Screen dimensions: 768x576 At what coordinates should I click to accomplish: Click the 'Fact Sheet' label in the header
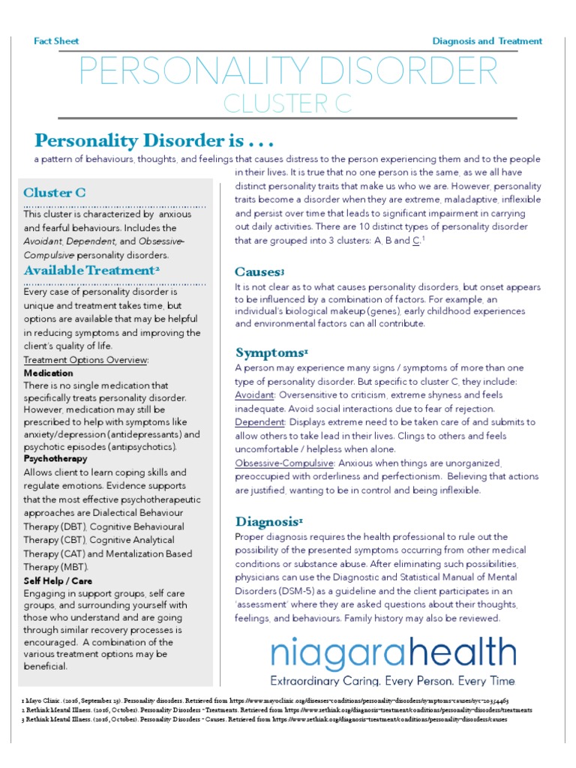(56, 41)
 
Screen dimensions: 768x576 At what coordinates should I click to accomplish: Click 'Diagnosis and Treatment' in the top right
(487, 41)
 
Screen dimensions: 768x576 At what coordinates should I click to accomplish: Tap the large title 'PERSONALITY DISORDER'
(288, 72)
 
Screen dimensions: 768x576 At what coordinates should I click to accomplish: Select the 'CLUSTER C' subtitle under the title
(288, 105)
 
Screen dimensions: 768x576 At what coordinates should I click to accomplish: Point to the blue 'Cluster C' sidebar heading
(55, 193)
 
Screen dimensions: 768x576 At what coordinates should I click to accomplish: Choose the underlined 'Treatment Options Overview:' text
(86, 359)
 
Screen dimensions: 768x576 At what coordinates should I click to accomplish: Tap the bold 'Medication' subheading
(49, 373)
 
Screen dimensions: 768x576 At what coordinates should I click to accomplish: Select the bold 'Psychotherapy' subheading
(55, 458)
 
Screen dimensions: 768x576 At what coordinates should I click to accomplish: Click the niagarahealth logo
(393, 652)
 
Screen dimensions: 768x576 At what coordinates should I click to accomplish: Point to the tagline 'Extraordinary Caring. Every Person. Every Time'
(393, 681)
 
